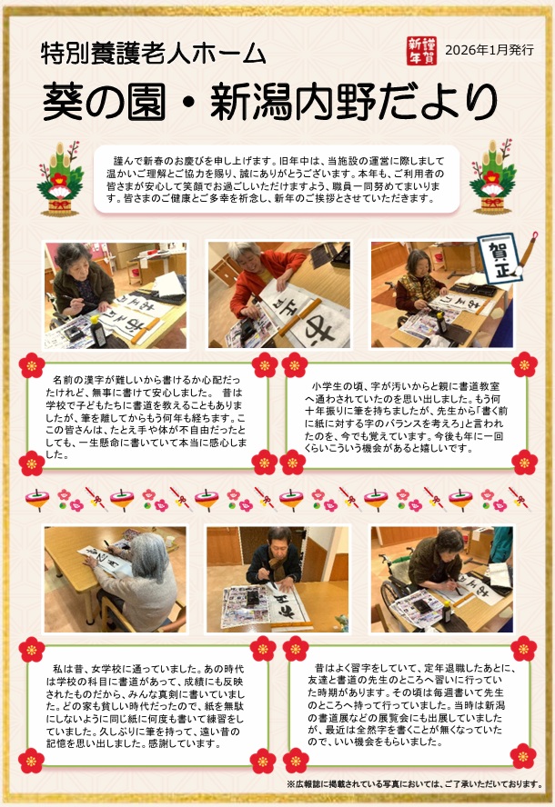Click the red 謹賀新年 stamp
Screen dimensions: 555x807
pos(421,51)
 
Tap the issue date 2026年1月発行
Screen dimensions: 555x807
pos(489,50)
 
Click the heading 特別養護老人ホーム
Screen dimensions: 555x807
pos(154,54)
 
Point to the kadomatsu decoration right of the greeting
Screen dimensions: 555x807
pos(492,176)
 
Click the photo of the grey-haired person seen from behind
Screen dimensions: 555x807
pos(116,579)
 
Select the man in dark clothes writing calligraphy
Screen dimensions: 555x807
pos(274,561)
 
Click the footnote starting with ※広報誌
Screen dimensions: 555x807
pos(415,784)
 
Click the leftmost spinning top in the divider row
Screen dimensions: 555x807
pos(37,499)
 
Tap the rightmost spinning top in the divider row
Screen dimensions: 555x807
pos(460,499)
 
